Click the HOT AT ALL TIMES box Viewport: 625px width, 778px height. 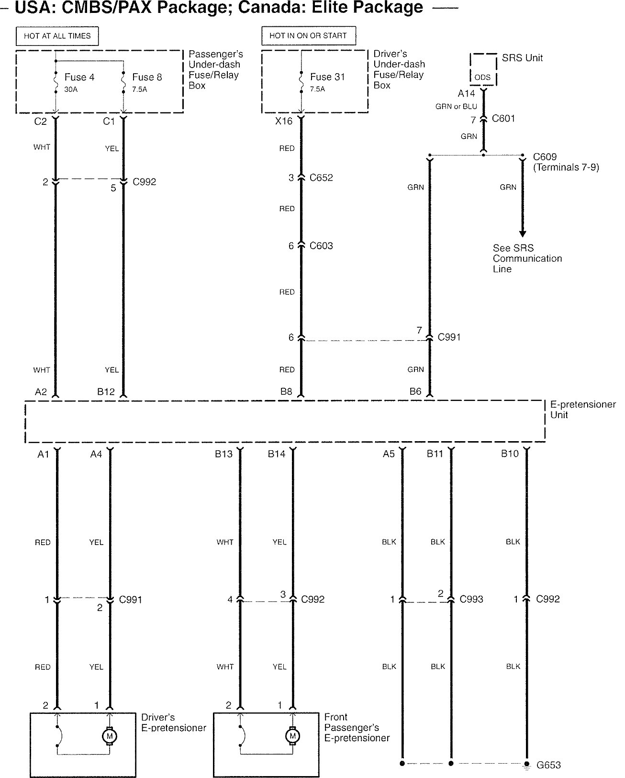coord(57,36)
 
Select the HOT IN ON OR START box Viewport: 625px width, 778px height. coord(308,35)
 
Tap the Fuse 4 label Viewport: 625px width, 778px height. coord(79,77)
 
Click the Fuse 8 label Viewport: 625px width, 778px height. coord(147,77)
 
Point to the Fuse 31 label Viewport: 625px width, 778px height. coord(327,77)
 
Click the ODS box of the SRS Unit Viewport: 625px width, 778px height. coord(482,77)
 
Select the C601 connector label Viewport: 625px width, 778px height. coord(503,119)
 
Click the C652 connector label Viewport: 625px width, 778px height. coord(321,178)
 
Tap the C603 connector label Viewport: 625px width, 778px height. coord(321,246)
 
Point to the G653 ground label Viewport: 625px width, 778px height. coord(548,765)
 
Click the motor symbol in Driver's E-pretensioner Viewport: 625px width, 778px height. coord(110,736)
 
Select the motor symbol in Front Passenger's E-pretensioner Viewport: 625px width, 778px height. coord(292,735)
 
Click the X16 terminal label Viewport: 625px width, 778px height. coord(284,121)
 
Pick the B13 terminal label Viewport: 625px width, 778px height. coord(223,454)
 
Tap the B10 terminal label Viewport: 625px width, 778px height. coord(510,454)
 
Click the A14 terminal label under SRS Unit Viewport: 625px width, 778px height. coord(466,94)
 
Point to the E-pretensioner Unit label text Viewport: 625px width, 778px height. coord(582,410)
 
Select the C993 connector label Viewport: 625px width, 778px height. coord(471,599)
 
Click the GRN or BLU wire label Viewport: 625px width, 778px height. coord(456,107)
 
